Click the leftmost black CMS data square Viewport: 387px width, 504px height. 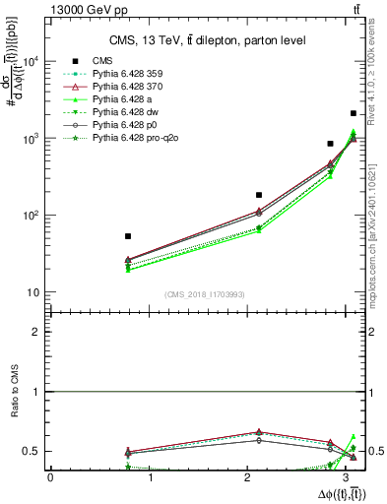click(128, 236)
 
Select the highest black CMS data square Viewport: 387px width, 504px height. click(354, 114)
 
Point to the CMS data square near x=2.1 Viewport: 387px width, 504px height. click(259, 195)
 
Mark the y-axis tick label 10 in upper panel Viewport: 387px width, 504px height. click(33, 292)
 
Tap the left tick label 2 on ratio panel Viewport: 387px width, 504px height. click(35, 332)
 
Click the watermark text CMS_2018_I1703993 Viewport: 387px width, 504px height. click(201, 294)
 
